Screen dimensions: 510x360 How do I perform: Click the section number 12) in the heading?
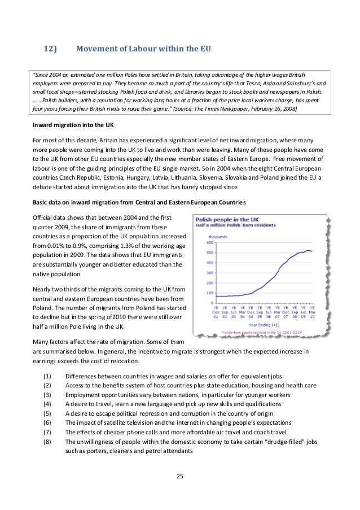coord(51,49)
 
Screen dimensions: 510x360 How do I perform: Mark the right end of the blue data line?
coord(313,251)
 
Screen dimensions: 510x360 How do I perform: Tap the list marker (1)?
coord(47,376)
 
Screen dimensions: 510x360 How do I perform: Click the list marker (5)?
coord(47,413)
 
